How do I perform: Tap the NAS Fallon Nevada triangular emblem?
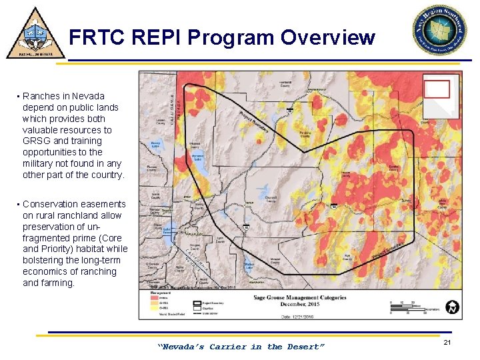pos(35,33)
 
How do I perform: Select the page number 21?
pos(447,342)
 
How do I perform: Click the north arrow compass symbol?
pos(453,307)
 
